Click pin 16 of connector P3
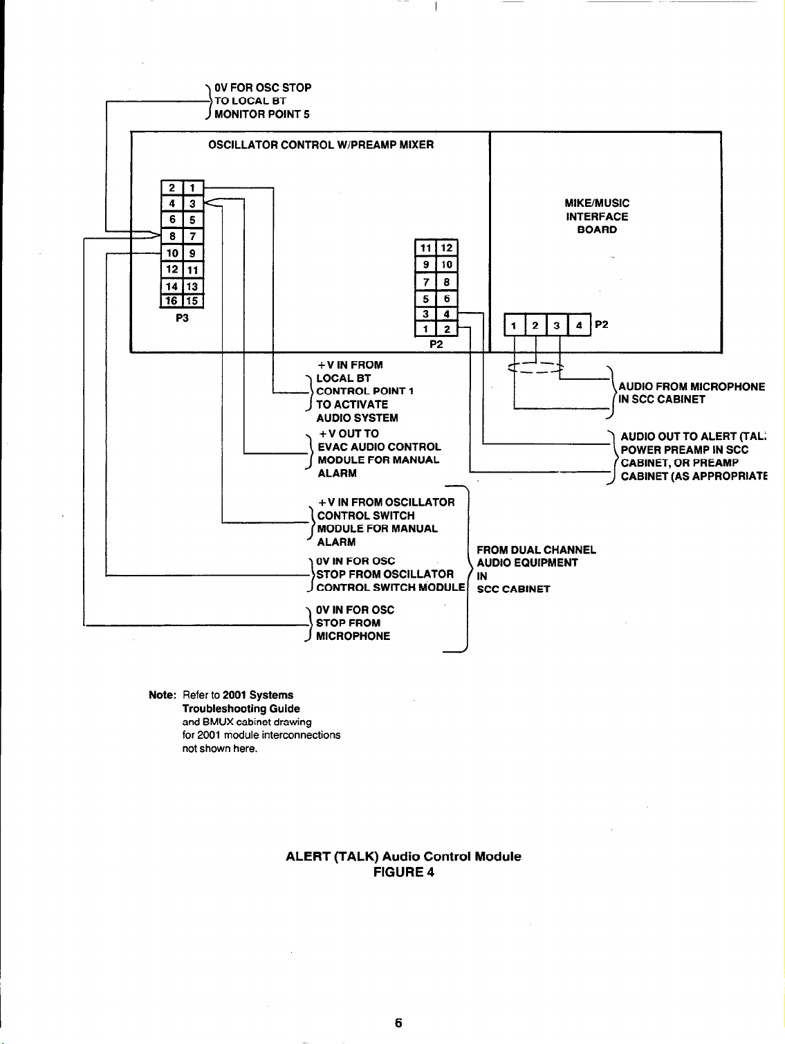[x=170, y=300]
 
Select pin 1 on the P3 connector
[x=193, y=187]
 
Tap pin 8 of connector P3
[x=170, y=237]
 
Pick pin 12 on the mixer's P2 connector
[x=447, y=248]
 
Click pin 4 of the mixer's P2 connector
[x=447, y=314]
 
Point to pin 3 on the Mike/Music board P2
[x=556, y=325]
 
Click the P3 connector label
[x=182, y=318]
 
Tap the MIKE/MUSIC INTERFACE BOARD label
[x=596, y=217]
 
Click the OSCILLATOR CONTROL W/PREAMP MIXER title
[x=321, y=145]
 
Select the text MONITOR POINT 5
[x=261, y=114]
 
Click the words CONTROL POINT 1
[x=364, y=392]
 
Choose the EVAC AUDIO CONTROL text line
[x=379, y=447]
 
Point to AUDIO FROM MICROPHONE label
[x=692, y=387]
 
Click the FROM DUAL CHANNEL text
[x=536, y=550]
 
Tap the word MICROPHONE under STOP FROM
[x=353, y=637]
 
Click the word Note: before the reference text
[x=163, y=695]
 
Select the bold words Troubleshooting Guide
[x=241, y=708]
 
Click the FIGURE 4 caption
[x=403, y=872]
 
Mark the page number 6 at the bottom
[x=398, y=1023]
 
